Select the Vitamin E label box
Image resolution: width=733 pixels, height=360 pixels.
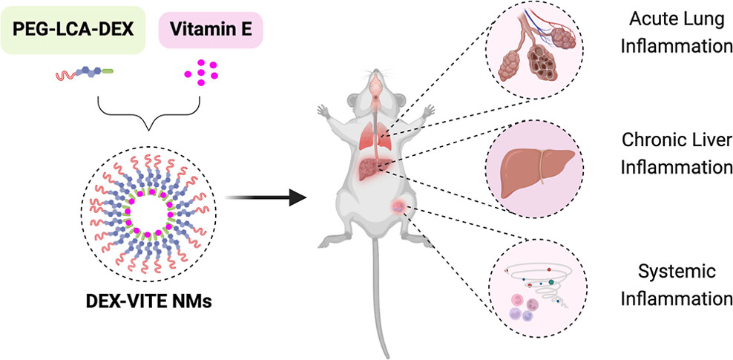coord(211,31)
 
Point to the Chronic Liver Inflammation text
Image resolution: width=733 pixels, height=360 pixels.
coord(675,154)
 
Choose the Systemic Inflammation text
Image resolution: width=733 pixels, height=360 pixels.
coord(675,285)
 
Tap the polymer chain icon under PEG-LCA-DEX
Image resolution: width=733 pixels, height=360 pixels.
coord(84,73)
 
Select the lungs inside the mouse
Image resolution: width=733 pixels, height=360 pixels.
coord(375,137)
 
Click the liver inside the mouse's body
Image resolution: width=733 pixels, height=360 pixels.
coord(372,169)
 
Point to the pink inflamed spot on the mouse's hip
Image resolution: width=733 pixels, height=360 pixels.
coord(400,209)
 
